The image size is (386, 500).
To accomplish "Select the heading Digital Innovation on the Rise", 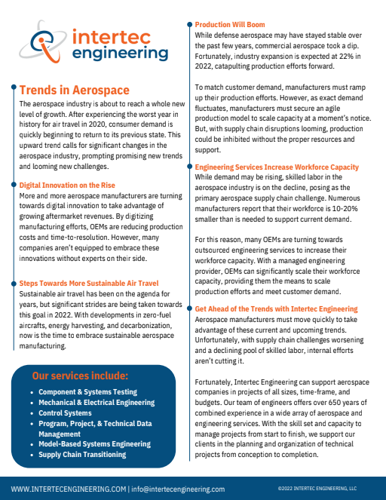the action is [x=67, y=184].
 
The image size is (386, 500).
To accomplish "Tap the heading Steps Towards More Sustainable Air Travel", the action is [x=94, y=282].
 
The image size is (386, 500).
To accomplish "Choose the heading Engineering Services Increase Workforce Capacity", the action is [x=277, y=167].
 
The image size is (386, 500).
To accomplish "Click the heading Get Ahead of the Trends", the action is [x=276, y=309].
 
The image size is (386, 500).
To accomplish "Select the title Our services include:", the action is [x=80, y=376].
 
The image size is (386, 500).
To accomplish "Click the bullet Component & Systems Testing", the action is [x=87, y=392].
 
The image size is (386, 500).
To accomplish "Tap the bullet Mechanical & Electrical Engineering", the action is [x=98, y=403].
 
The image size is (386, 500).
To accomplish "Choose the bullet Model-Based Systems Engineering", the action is [x=95, y=444].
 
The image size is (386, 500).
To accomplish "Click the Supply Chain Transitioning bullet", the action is [x=82, y=455].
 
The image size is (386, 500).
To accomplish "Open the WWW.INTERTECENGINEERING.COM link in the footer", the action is [x=68, y=489].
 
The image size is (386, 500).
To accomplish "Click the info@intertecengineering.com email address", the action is [x=178, y=489].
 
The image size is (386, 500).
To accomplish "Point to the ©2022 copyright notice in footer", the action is [x=317, y=489].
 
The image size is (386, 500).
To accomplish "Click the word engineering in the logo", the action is [x=106, y=54].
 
